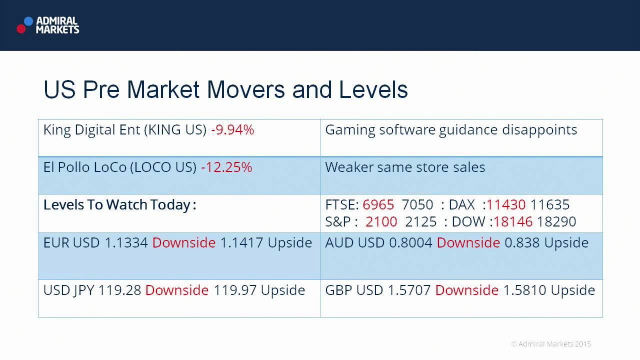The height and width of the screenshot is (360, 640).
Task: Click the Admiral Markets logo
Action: tap(48, 25)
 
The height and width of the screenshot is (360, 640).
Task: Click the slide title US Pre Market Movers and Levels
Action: tap(225, 90)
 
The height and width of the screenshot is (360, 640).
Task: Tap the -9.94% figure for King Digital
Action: tap(232, 130)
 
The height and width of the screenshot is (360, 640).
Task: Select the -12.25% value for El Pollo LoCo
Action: tap(226, 167)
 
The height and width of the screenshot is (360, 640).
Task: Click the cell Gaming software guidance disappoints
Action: tap(451, 130)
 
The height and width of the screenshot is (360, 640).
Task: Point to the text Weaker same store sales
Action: tap(405, 167)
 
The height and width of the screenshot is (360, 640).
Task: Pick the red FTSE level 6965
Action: tap(378, 205)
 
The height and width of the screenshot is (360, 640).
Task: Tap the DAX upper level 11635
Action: tap(549, 205)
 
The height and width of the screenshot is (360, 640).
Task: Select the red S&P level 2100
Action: tap(381, 221)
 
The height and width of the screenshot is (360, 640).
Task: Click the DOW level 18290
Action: tap(556, 221)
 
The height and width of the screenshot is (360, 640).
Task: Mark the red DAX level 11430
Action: tap(506, 205)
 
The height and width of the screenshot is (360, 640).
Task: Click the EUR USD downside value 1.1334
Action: tap(126, 243)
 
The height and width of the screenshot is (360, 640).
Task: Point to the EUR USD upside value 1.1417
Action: tap(241, 243)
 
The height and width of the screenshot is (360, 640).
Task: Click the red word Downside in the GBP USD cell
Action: tap(467, 290)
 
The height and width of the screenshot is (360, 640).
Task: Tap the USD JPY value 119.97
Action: tap(235, 290)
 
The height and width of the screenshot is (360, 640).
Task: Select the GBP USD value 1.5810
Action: tap(525, 290)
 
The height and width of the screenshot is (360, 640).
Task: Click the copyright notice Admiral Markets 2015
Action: tap(551, 344)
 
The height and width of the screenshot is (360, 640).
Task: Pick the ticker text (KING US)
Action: tap(175, 130)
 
